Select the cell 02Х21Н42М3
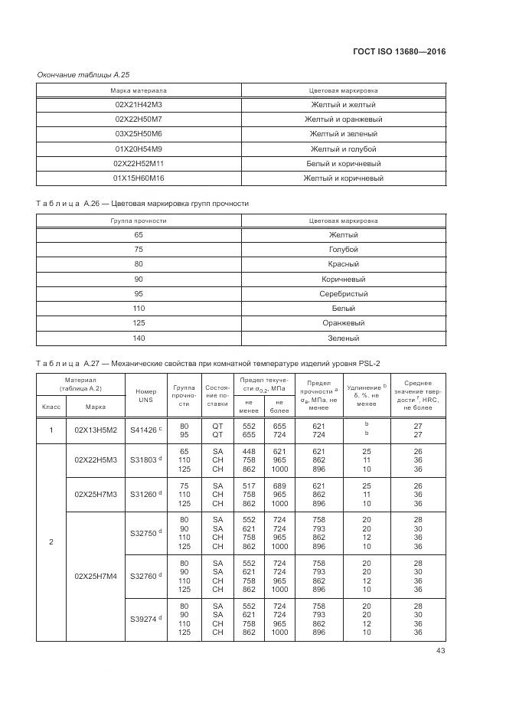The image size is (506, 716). click(139, 105)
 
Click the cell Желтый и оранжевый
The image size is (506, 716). click(343, 119)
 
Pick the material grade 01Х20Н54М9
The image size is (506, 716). click(139, 149)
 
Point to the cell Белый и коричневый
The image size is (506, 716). click(343, 163)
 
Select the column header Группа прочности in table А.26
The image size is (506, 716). click(139, 221)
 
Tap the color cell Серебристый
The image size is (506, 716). click(343, 294)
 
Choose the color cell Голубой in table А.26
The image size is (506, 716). click(343, 250)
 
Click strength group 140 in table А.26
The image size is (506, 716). click(139, 338)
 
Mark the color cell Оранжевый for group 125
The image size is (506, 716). click(343, 323)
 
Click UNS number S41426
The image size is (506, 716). click(145, 430)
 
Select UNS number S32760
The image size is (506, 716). click(145, 576)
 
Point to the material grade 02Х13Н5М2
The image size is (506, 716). click(96, 430)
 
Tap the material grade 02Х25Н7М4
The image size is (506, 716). click(96, 576)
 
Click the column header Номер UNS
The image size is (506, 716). click(145, 394)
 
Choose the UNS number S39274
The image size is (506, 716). click(145, 618)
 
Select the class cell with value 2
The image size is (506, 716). click(51, 542)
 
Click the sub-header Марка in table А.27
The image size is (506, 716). click(96, 407)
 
